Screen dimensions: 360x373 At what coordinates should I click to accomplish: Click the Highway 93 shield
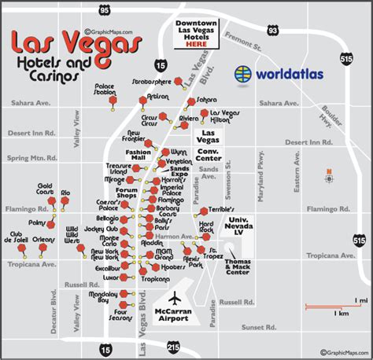272,30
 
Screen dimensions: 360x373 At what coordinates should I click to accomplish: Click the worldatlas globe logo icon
246,75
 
